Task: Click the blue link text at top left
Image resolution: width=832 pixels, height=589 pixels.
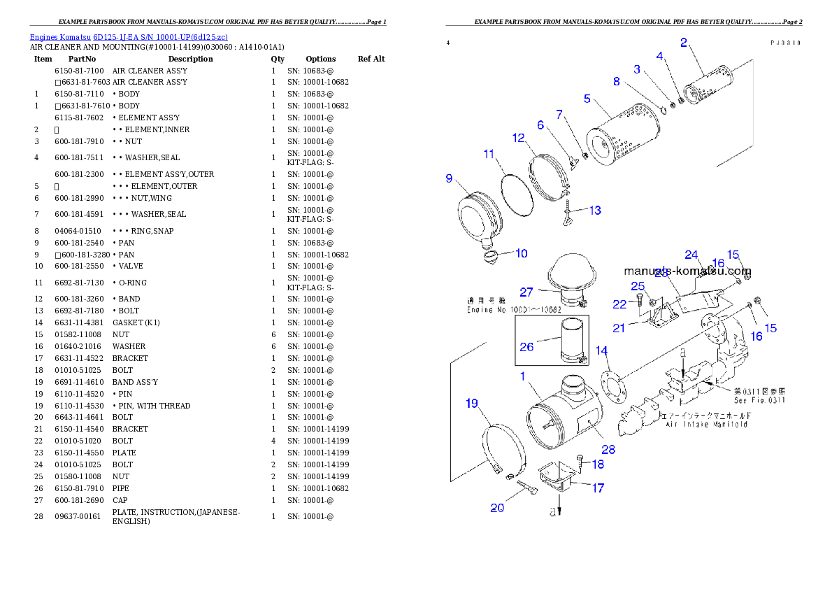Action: (128, 37)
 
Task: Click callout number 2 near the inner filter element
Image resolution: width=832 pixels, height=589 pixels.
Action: (684, 42)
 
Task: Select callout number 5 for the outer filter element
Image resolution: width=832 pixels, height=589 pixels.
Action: (587, 99)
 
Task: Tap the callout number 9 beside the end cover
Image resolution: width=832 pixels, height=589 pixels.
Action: (450, 178)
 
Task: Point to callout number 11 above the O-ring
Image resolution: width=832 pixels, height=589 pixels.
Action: (489, 154)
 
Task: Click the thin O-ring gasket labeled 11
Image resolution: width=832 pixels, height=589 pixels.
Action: (517, 188)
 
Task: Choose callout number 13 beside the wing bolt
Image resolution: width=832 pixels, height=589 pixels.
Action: (594, 210)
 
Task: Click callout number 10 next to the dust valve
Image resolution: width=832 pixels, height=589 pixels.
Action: (522, 253)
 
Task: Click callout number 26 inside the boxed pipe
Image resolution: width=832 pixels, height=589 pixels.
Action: (526, 346)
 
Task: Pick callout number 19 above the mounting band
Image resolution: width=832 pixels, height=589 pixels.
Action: (472, 403)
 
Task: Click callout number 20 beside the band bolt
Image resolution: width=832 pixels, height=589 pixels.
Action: (496, 508)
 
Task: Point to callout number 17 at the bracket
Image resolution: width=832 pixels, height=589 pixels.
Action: (598, 488)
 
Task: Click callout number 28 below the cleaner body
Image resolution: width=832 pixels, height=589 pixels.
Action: (608, 450)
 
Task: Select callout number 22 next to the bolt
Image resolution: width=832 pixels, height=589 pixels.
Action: (619, 304)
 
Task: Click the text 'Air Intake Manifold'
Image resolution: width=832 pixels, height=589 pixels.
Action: (706, 425)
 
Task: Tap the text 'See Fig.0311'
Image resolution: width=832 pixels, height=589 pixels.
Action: (759, 400)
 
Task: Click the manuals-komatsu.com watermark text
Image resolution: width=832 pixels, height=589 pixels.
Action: (687, 271)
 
